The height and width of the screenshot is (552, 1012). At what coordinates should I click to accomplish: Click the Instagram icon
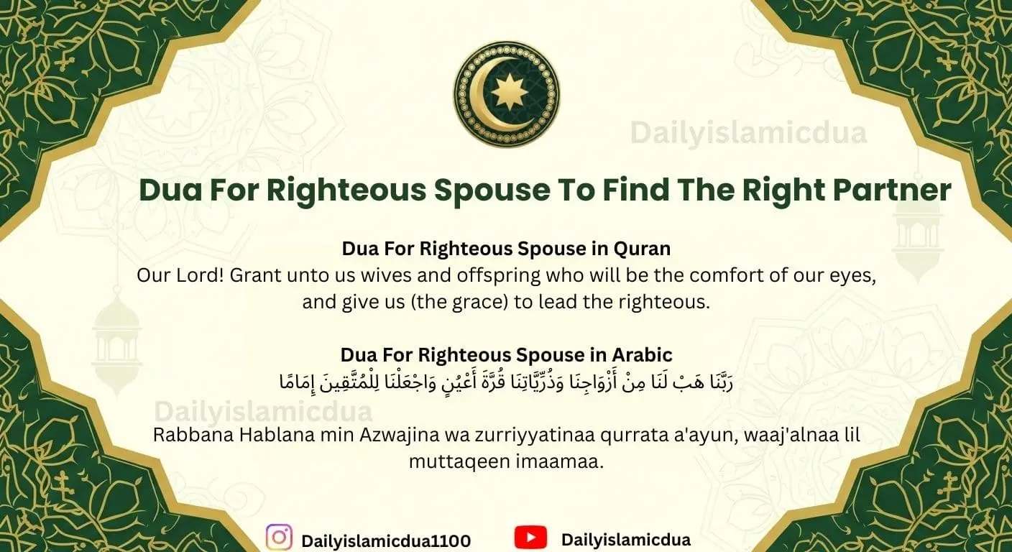pyautogui.click(x=279, y=538)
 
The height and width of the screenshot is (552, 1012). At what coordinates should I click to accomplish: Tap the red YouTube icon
pyautogui.click(x=530, y=538)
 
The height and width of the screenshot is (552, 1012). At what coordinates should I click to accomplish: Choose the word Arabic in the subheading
pyautogui.click(x=642, y=355)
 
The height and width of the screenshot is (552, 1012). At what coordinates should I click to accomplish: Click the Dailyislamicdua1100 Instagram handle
pyautogui.click(x=386, y=540)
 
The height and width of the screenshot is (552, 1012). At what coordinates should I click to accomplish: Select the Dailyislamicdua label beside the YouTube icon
pyautogui.click(x=625, y=540)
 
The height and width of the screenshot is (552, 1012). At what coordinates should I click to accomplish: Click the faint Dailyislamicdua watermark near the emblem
pyautogui.click(x=748, y=133)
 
